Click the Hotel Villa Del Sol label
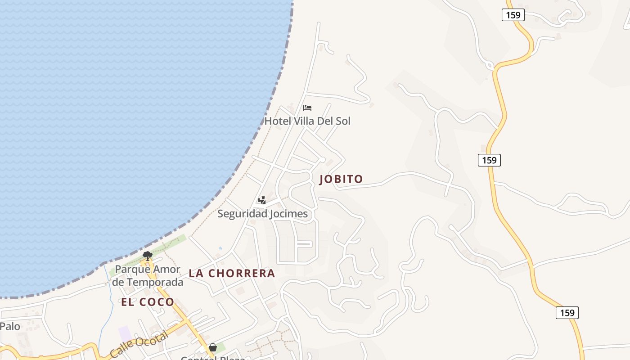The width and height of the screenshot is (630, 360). click(x=307, y=121)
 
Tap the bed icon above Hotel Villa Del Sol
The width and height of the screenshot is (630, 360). click(x=307, y=108)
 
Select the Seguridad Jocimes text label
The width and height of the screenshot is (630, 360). click(x=262, y=214)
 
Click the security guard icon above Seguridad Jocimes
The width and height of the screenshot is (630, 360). click(x=262, y=200)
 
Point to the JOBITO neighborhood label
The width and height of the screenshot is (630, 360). click(x=341, y=179)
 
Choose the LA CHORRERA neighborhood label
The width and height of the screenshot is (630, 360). click(x=232, y=273)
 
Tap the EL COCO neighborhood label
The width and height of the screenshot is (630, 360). click(x=148, y=302)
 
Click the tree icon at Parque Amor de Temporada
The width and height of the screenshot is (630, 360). click(x=147, y=256)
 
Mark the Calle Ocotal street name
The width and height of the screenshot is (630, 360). click(x=139, y=345)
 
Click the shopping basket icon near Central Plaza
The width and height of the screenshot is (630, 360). click(x=212, y=347)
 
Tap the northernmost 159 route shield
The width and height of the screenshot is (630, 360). click(x=513, y=15)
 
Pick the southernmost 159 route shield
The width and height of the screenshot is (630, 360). click(x=567, y=313)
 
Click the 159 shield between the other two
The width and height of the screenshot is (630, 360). click(x=489, y=160)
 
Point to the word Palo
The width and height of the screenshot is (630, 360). click(x=10, y=326)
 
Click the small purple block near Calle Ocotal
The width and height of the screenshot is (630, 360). click(x=125, y=333)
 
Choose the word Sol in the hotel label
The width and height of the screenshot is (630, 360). click(x=342, y=121)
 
